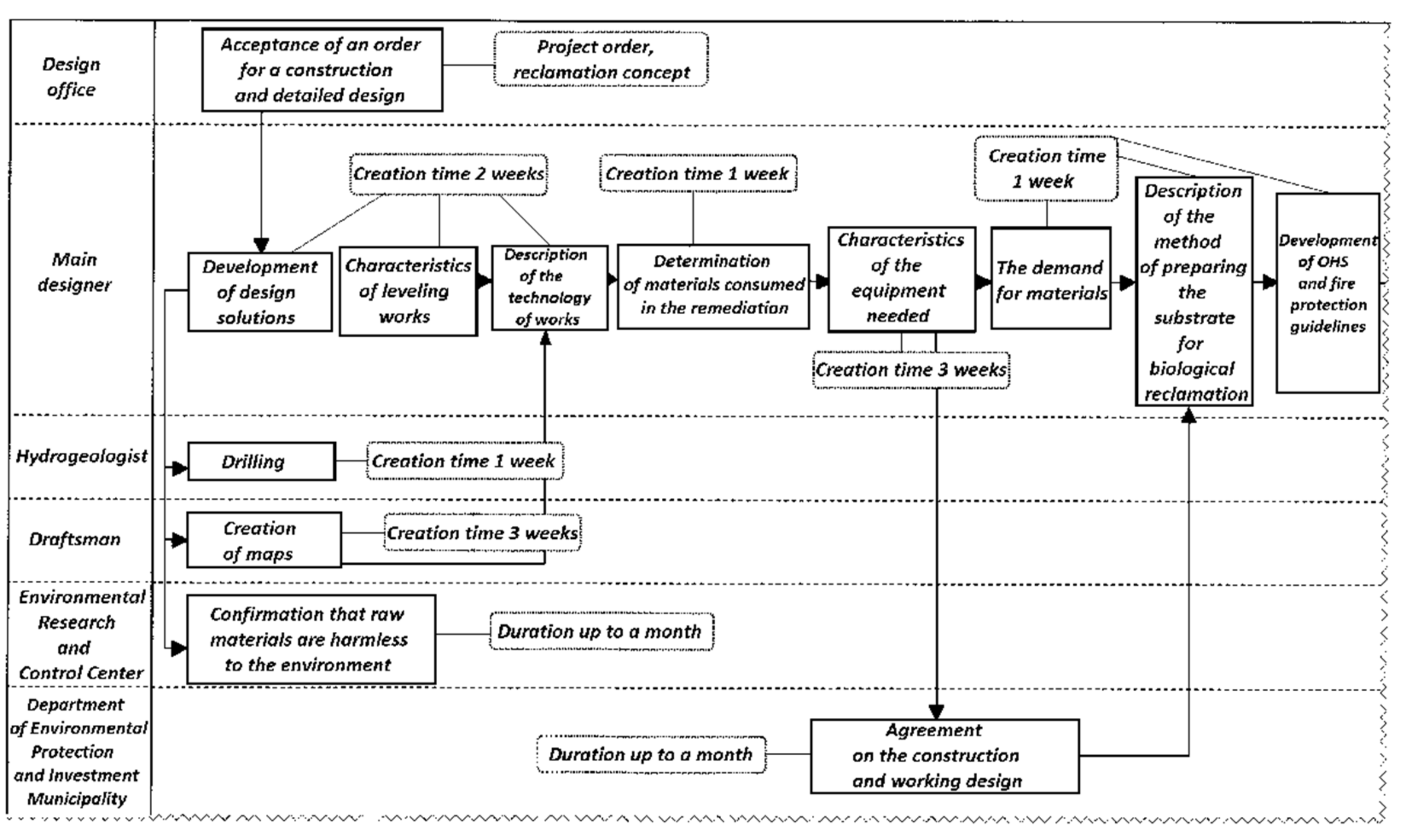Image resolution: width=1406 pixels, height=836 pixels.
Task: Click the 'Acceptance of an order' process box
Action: point(322,70)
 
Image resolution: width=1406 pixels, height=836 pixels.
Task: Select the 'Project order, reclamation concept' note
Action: point(601,60)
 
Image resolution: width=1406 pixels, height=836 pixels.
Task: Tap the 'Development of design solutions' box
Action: point(260,292)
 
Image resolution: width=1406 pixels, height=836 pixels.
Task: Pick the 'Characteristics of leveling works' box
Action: point(408,291)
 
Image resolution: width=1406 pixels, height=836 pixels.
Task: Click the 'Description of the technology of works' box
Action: point(549,288)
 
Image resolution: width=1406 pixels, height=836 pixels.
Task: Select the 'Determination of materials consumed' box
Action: point(713,286)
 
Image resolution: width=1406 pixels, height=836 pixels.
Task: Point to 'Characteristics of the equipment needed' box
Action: point(901,279)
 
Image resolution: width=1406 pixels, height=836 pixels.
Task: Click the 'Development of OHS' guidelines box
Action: point(1327,293)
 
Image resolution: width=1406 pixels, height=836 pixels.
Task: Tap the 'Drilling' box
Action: point(261,462)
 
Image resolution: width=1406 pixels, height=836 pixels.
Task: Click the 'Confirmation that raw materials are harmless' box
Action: point(311,639)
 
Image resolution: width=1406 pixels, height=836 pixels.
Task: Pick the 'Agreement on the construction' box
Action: point(944,756)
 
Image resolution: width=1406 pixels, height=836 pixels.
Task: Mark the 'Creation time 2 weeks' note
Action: point(448,174)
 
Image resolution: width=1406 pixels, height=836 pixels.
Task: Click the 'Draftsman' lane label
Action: point(75,540)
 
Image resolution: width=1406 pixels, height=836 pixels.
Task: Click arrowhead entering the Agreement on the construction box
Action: point(936,711)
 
